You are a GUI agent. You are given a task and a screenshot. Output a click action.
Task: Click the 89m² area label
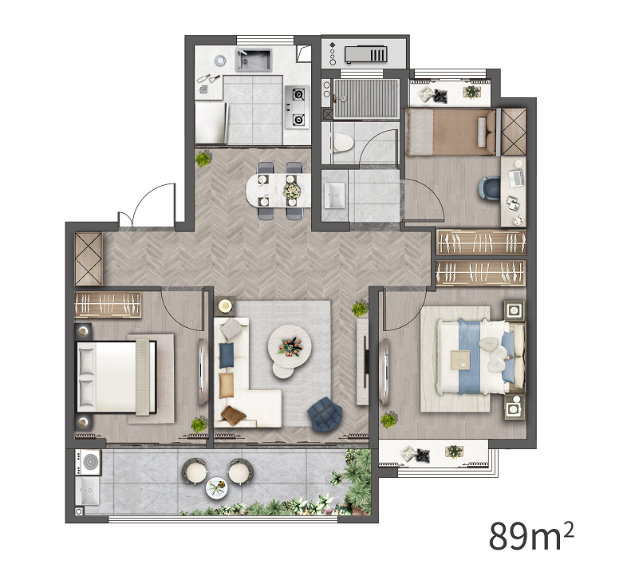coord(531,535)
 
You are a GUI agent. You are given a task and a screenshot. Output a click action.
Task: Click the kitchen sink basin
coord(254,60)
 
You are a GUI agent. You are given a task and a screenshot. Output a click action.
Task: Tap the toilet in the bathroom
coord(342,143)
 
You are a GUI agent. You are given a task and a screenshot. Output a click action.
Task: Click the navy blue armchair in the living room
coord(325,414)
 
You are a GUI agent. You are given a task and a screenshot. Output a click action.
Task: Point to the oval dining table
coord(278,191)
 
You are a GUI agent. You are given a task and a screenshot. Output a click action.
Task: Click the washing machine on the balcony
coord(89,462)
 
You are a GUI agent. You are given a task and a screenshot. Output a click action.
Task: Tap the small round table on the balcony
coord(216,488)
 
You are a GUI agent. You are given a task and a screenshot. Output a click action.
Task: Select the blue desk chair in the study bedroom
coord(490,187)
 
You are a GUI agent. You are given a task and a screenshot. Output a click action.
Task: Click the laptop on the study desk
coord(515,178)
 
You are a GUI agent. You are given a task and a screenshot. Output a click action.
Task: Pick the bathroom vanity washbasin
coord(334,195)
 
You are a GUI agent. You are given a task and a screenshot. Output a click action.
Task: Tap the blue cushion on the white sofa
coord(227,355)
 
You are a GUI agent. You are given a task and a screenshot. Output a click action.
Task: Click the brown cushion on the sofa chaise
coord(234,415)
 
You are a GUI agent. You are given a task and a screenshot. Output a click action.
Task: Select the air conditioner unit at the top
coord(366,54)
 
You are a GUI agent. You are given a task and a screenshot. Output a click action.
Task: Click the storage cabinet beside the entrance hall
coord(89,258)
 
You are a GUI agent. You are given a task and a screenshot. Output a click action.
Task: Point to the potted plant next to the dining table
coord(203,159)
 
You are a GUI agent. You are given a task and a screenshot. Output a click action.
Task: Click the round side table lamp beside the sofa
coord(226,306)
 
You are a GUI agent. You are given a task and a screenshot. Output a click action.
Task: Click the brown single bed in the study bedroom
coord(451,132)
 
